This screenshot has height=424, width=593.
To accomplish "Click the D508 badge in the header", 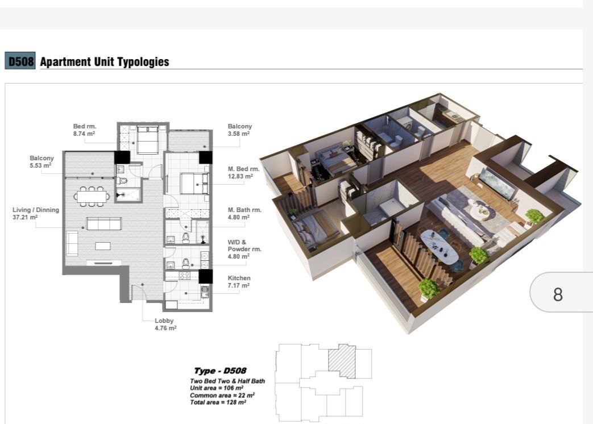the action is [x=20, y=61].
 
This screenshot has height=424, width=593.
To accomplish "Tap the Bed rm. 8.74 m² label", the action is [x=84, y=130].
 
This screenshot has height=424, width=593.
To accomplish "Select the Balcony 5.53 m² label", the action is [x=42, y=162].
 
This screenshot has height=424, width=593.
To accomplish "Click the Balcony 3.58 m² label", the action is [x=240, y=130].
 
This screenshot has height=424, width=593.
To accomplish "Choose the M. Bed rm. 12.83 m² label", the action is [x=243, y=173].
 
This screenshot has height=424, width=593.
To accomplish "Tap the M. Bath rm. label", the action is [x=244, y=210].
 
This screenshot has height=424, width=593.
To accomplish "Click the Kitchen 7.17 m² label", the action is [x=239, y=282].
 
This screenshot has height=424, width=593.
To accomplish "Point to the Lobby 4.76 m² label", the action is [x=165, y=324].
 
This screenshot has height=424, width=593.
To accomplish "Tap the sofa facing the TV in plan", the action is [x=104, y=223].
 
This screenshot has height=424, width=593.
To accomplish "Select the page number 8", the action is [x=558, y=294].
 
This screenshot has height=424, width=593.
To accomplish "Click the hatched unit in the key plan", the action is [x=342, y=361].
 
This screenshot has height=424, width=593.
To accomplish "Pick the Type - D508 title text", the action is [x=220, y=371].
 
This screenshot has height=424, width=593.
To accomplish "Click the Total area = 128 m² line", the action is [x=218, y=402].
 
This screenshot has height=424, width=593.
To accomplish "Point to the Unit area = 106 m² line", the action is [x=216, y=388].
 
